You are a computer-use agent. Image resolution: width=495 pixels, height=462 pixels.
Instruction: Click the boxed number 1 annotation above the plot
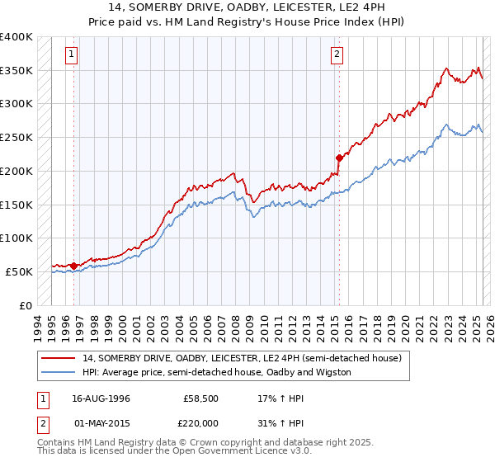(73, 55)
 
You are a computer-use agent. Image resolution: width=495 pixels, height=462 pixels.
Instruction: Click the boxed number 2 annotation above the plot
(337, 55)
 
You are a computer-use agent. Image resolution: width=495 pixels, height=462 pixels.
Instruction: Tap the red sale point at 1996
(73, 266)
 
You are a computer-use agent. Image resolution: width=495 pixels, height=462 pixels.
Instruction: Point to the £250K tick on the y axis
(17, 138)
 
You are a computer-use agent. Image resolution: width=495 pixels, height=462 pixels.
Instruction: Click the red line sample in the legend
(60, 358)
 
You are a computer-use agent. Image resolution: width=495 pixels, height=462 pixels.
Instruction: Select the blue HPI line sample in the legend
(60, 372)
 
